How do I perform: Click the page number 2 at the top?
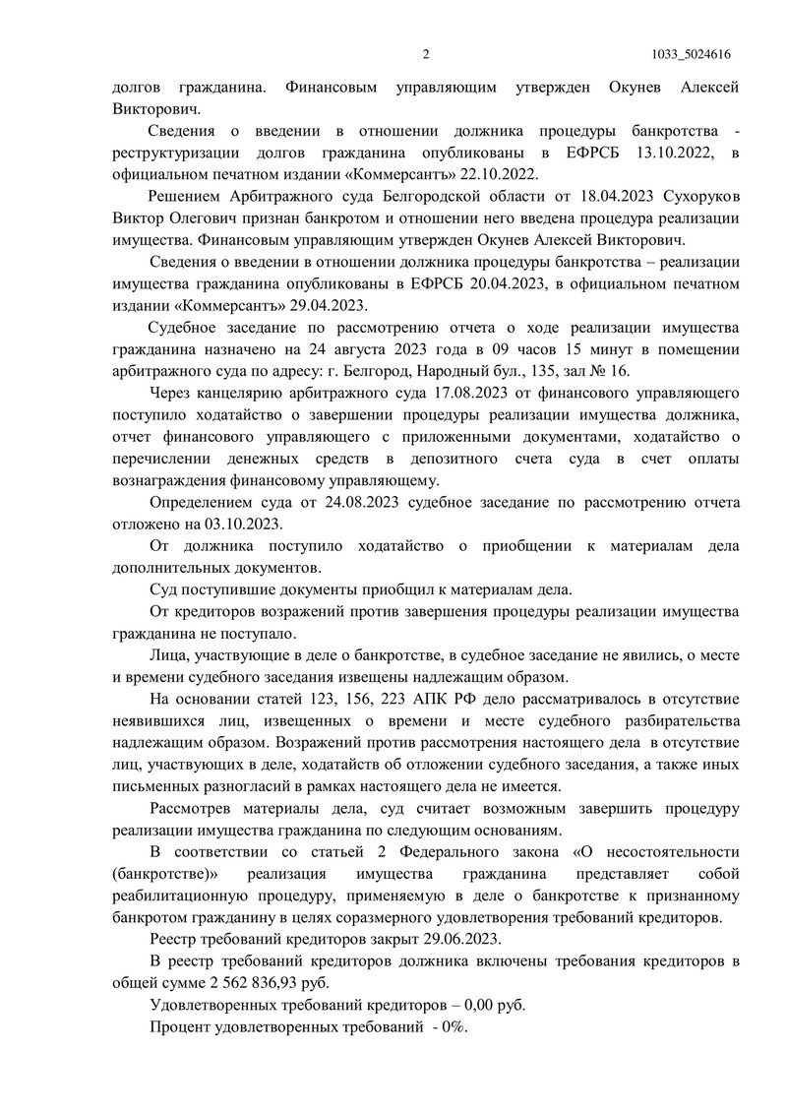coord(426,54)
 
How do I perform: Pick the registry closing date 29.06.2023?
coord(458,938)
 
